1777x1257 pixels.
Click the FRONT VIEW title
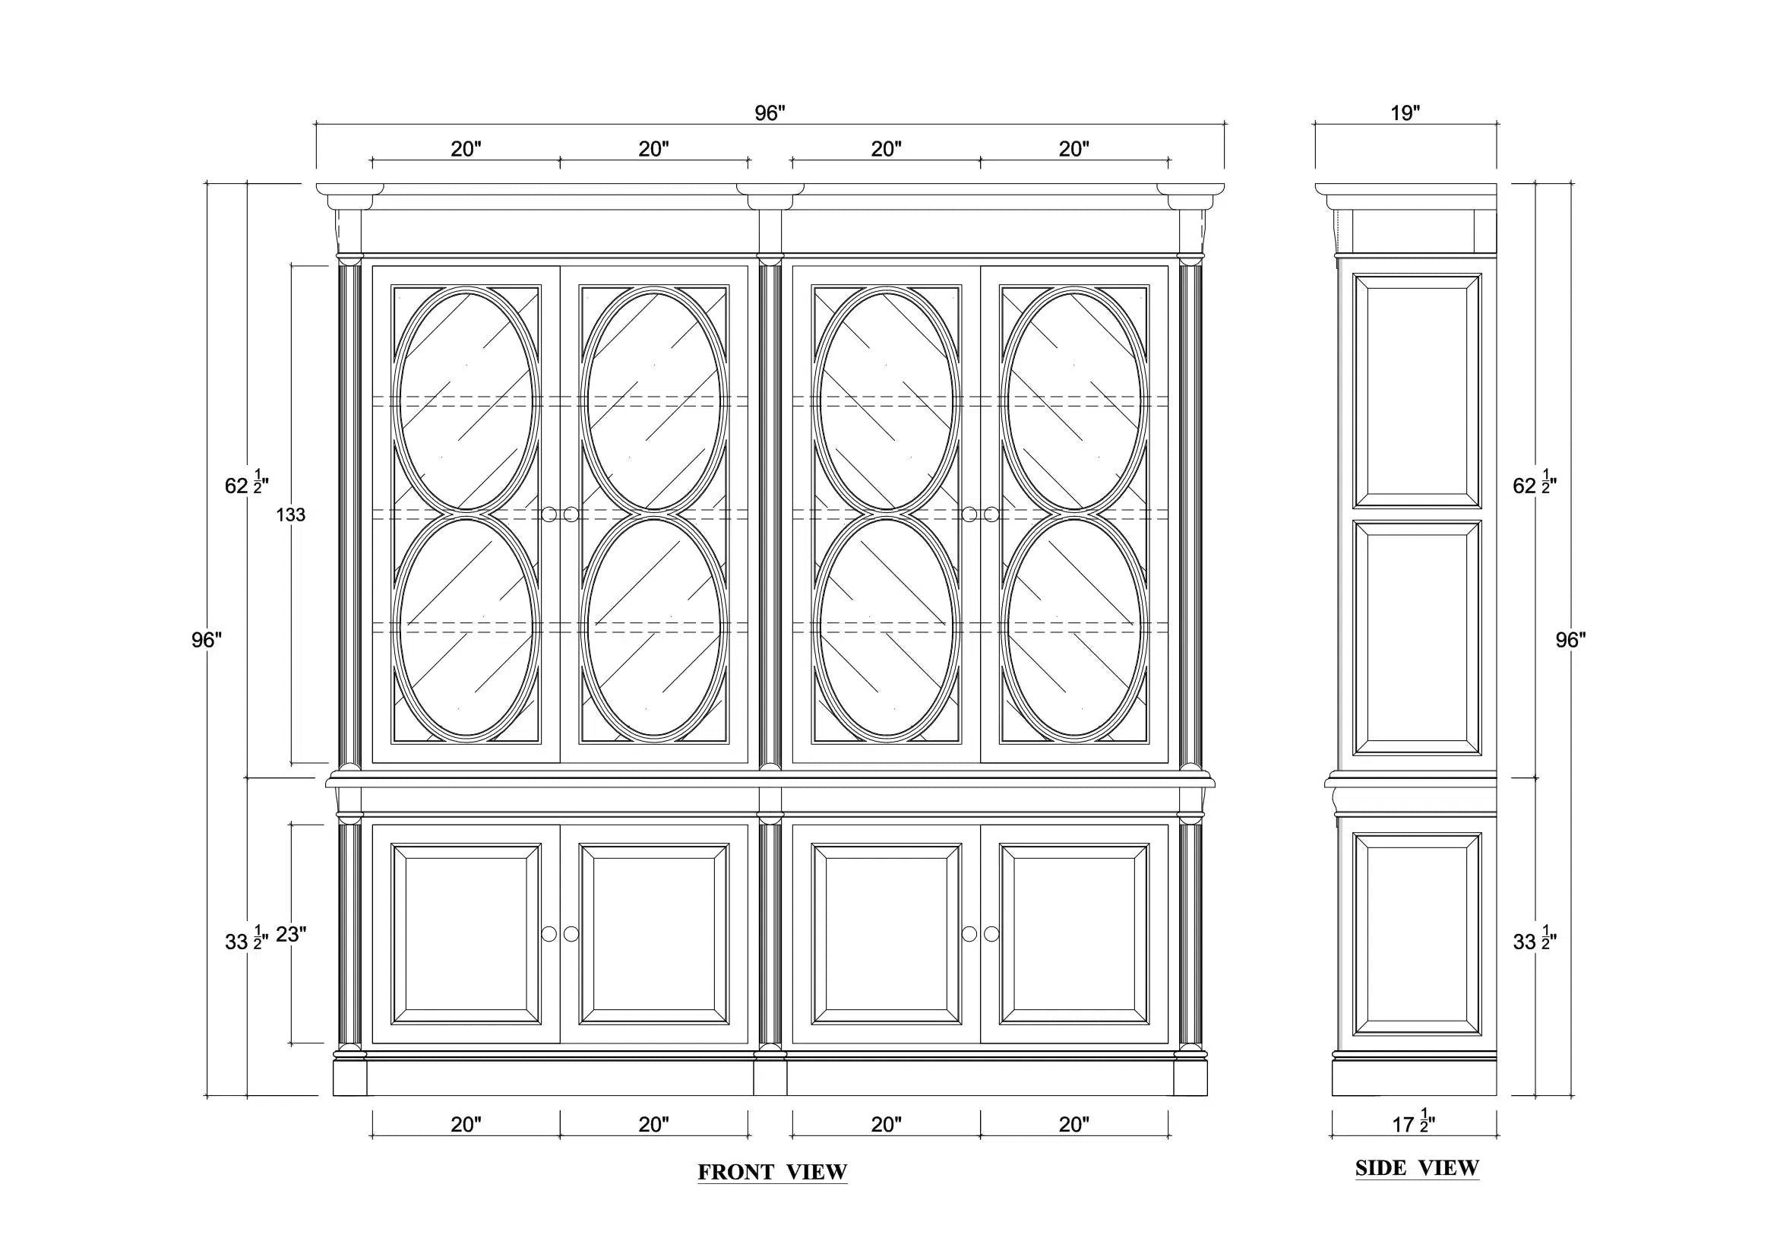click(x=773, y=1172)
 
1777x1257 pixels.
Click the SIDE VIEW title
click(x=1417, y=1167)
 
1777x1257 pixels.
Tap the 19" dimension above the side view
click(x=1405, y=113)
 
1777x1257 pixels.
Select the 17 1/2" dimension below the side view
click(x=1413, y=1122)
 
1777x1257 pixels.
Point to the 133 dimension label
click(x=291, y=515)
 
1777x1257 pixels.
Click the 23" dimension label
click(x=291, y=935)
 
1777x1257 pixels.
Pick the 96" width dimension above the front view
click(x=770, y=113)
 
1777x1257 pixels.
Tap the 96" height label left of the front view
click(x=207, y=640)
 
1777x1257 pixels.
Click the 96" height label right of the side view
click(x=1571, y=640)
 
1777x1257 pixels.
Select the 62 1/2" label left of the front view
click(x=246, y=484)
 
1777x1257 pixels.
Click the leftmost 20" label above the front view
click(x=466, y=149)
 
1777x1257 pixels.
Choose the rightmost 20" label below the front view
click(x=1074, y=1125)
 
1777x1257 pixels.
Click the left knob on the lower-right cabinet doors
click(x=969, y=934)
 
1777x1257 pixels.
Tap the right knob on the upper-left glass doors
click(x=571, y=515)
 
